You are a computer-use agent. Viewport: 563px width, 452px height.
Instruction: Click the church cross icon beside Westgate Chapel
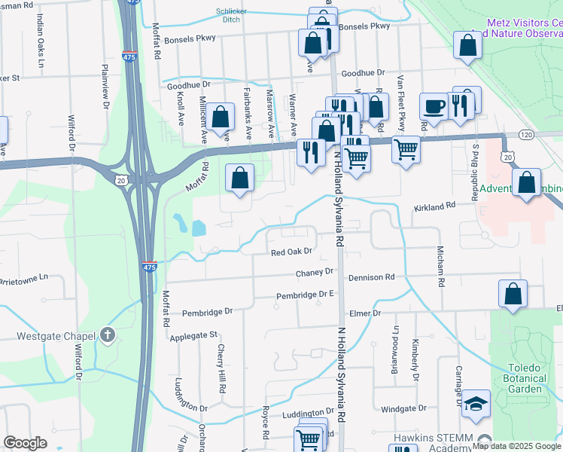108,334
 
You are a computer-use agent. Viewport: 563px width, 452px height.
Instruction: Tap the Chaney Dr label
315,272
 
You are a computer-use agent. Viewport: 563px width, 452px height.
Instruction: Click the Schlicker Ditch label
232,15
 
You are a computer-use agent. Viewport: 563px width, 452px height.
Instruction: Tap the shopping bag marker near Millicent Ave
220,117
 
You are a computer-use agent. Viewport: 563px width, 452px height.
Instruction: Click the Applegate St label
193,334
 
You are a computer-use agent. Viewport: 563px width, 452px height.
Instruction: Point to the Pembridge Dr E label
304,295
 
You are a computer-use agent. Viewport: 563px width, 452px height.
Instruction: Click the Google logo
26,443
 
